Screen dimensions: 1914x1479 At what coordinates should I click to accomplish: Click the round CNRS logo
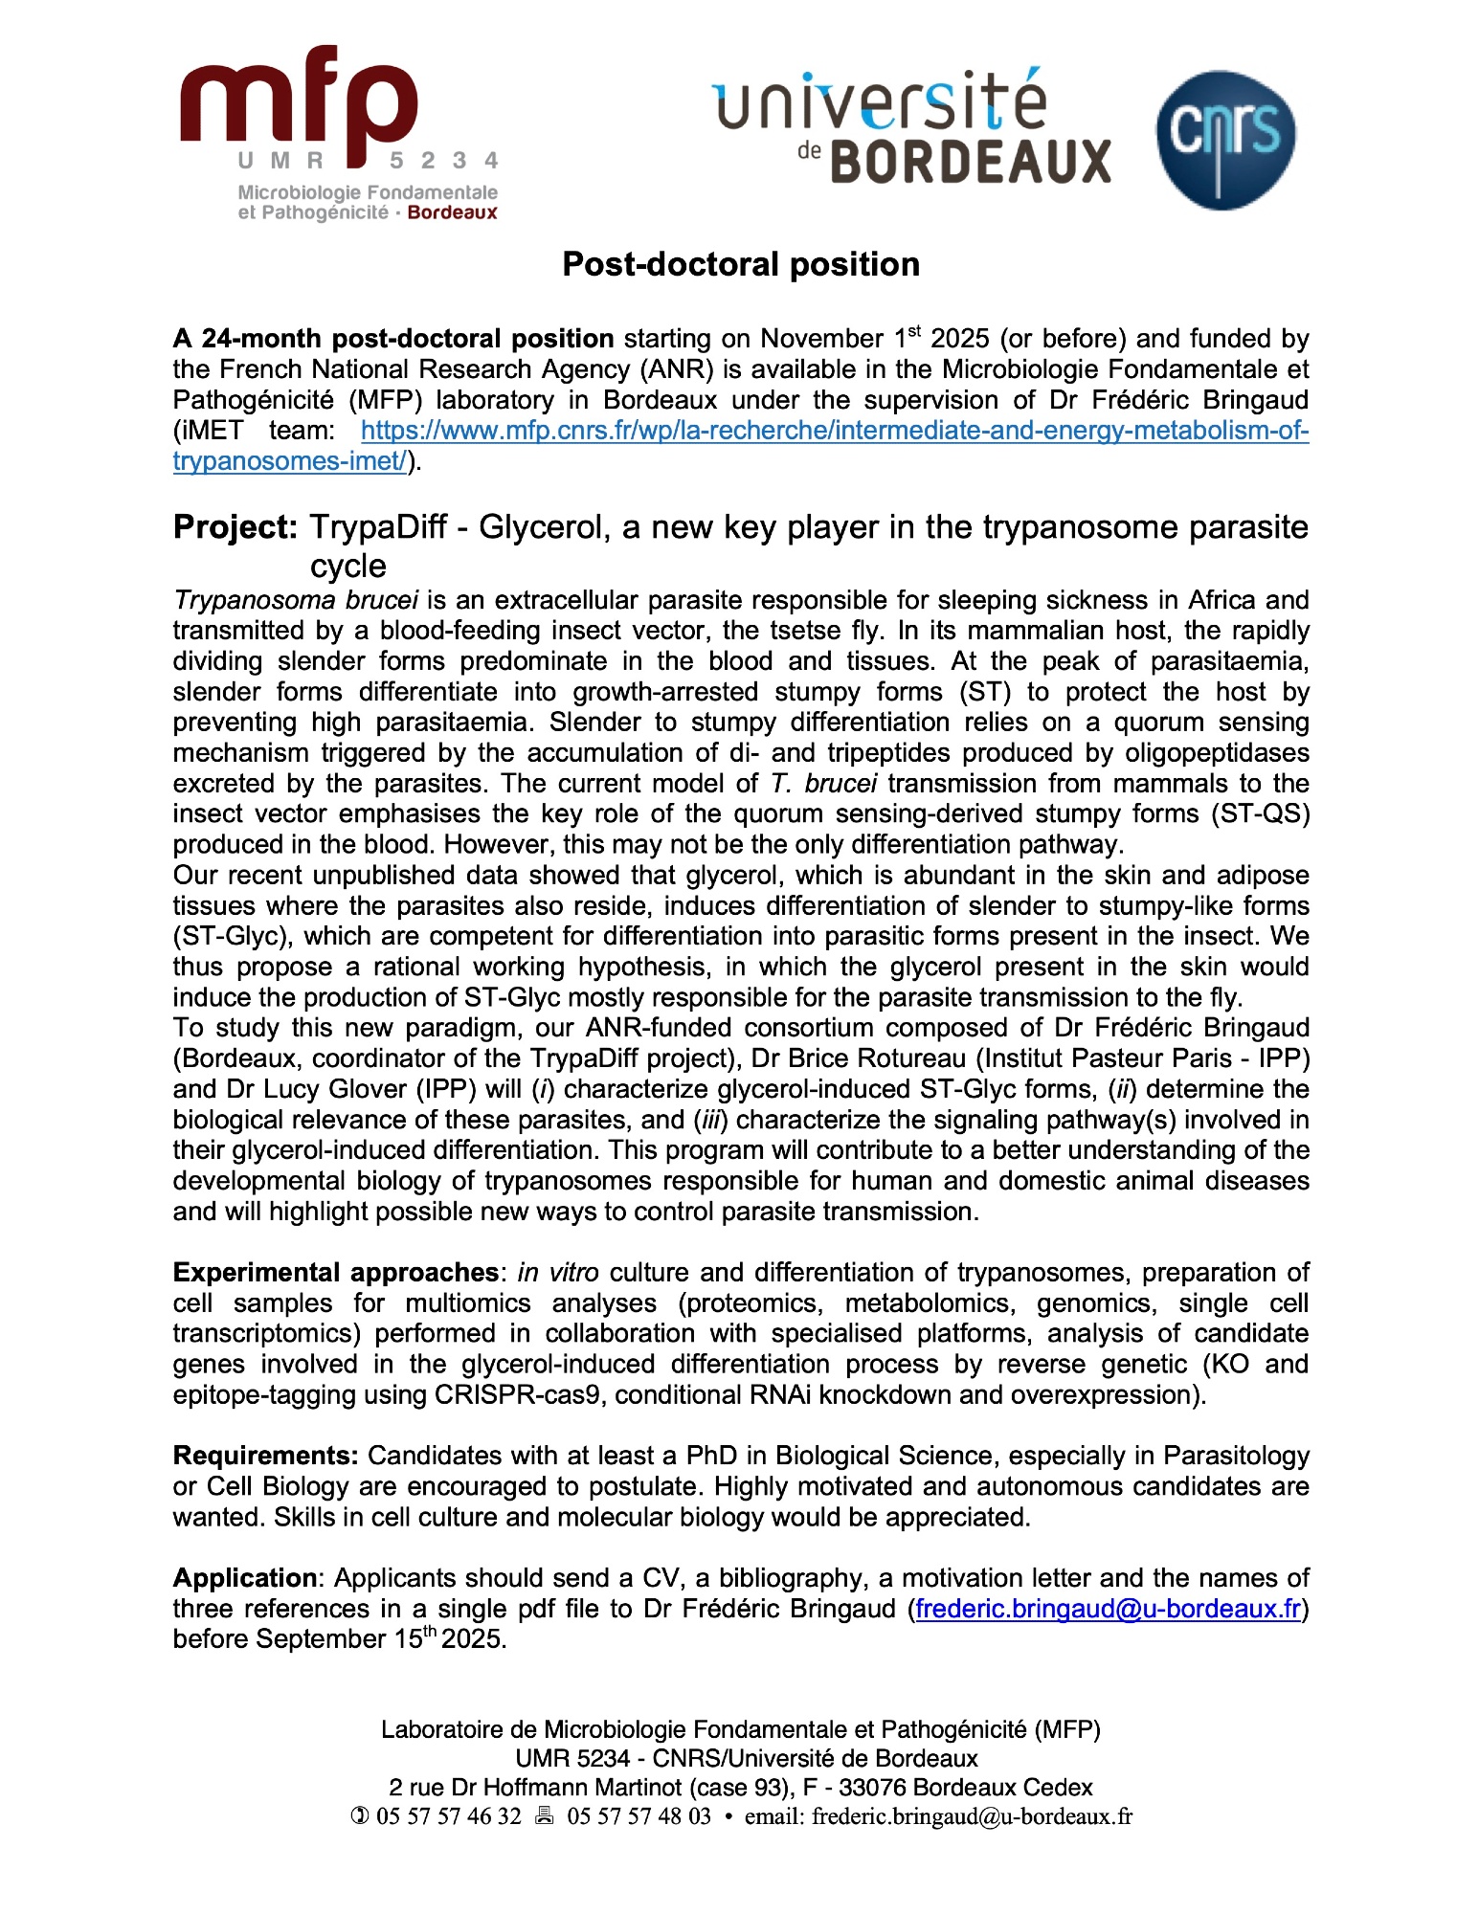coord(1225,140)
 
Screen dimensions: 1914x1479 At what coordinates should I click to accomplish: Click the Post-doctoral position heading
coord(740,264)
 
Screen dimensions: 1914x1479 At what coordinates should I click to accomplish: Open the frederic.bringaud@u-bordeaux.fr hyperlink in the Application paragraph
coord(1108,1609)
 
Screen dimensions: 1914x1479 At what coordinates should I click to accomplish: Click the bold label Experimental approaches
coord(335,1273)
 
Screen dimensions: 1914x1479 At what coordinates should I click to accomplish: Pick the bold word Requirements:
coord(265,1456)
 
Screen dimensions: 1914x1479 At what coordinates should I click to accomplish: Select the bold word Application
coord(244,1578)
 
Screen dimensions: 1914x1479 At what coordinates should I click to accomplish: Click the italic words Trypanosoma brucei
coord(296,600)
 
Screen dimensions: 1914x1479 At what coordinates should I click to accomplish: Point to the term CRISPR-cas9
coord(518,1394)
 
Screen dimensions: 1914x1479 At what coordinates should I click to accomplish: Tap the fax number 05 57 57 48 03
coord(639,1816)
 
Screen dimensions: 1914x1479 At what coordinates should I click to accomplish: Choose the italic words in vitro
coord(558,1273)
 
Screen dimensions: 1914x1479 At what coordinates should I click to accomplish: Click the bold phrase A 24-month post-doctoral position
coord(393,339)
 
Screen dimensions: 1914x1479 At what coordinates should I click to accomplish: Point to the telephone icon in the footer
coord(360,1816)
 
